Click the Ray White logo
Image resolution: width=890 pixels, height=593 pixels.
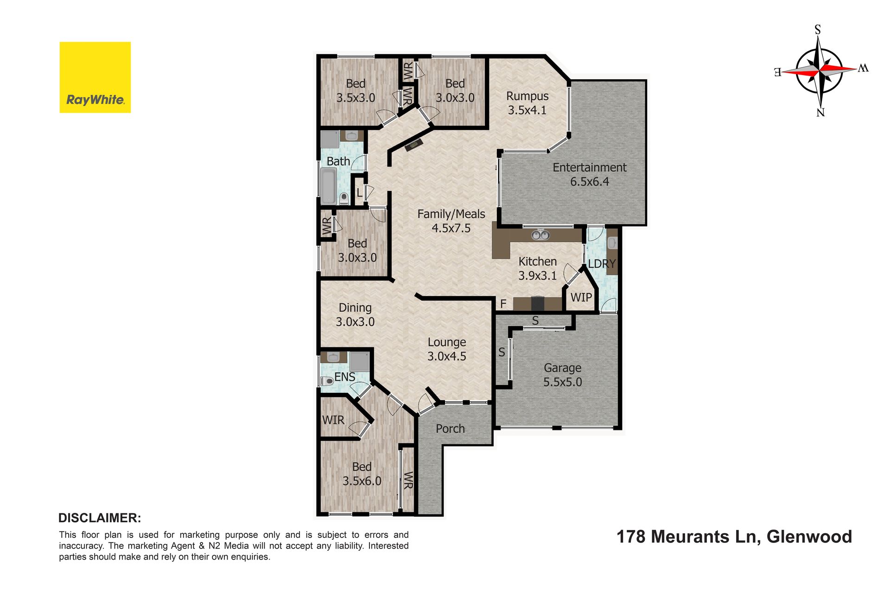point(95,77)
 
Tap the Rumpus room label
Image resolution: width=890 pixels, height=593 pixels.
point(528,96)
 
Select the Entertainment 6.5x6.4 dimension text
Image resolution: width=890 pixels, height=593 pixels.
point(590,182)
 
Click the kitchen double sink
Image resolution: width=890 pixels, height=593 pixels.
point(540,235)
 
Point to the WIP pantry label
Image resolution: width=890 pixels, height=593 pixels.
point(581,297)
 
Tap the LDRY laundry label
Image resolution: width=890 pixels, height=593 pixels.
point(602,264)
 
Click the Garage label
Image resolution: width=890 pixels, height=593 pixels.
point(562,368)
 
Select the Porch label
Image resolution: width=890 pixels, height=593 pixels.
point(450,429)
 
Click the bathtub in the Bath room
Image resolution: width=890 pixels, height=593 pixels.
point(329,186)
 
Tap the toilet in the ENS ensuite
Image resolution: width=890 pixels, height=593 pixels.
point(327,381)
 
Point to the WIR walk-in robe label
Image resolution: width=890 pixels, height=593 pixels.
point(333,420)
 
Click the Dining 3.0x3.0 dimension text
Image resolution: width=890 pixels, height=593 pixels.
point(355,322)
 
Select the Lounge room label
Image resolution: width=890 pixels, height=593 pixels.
point(447,342)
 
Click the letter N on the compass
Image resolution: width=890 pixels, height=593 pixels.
point(820,112)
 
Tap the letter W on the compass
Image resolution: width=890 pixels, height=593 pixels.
point(863,68)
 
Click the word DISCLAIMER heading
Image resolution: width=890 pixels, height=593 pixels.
point(100,518)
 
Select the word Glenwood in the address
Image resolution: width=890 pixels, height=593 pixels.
point(809,536)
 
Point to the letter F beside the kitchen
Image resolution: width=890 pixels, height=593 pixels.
point(503,304)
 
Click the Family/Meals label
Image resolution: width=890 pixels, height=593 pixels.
point(451,214)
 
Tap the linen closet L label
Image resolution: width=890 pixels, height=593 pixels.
point(359,193)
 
